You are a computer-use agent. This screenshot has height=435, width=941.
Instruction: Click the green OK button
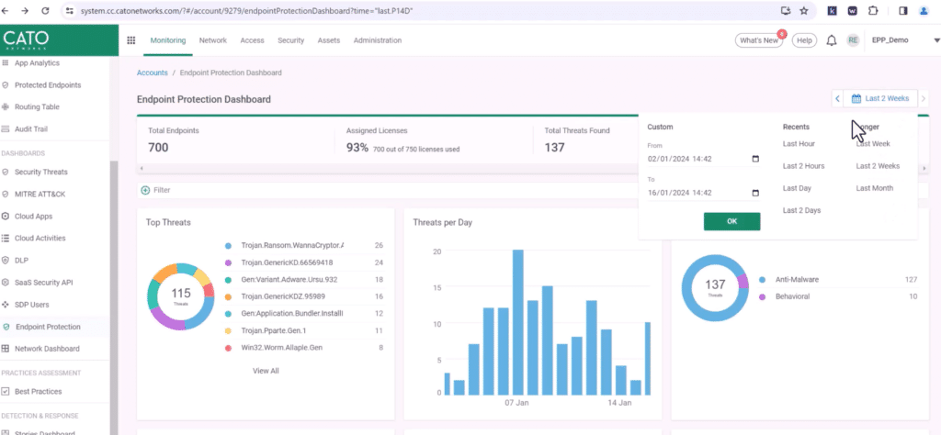731,221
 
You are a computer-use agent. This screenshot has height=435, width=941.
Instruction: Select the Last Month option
874,188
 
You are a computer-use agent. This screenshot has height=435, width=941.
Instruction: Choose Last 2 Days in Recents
801,210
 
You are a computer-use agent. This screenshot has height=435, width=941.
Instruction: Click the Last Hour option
799,144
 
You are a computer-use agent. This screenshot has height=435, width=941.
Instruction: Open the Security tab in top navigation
290,40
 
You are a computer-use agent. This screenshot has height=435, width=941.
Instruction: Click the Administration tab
377,40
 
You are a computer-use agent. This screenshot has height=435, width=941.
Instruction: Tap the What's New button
758,40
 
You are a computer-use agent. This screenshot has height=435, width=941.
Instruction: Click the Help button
804,40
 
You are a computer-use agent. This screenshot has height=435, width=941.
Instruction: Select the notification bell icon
832,40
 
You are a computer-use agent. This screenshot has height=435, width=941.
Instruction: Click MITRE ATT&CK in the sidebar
40,194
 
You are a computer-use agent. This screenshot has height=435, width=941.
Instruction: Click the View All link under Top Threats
266,371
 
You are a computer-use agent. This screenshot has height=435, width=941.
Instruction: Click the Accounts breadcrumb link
152,72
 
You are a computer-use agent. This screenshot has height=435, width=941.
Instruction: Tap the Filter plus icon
145,190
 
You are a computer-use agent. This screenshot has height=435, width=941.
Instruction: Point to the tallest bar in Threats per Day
518,321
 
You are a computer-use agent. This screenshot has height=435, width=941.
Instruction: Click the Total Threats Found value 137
554,148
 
